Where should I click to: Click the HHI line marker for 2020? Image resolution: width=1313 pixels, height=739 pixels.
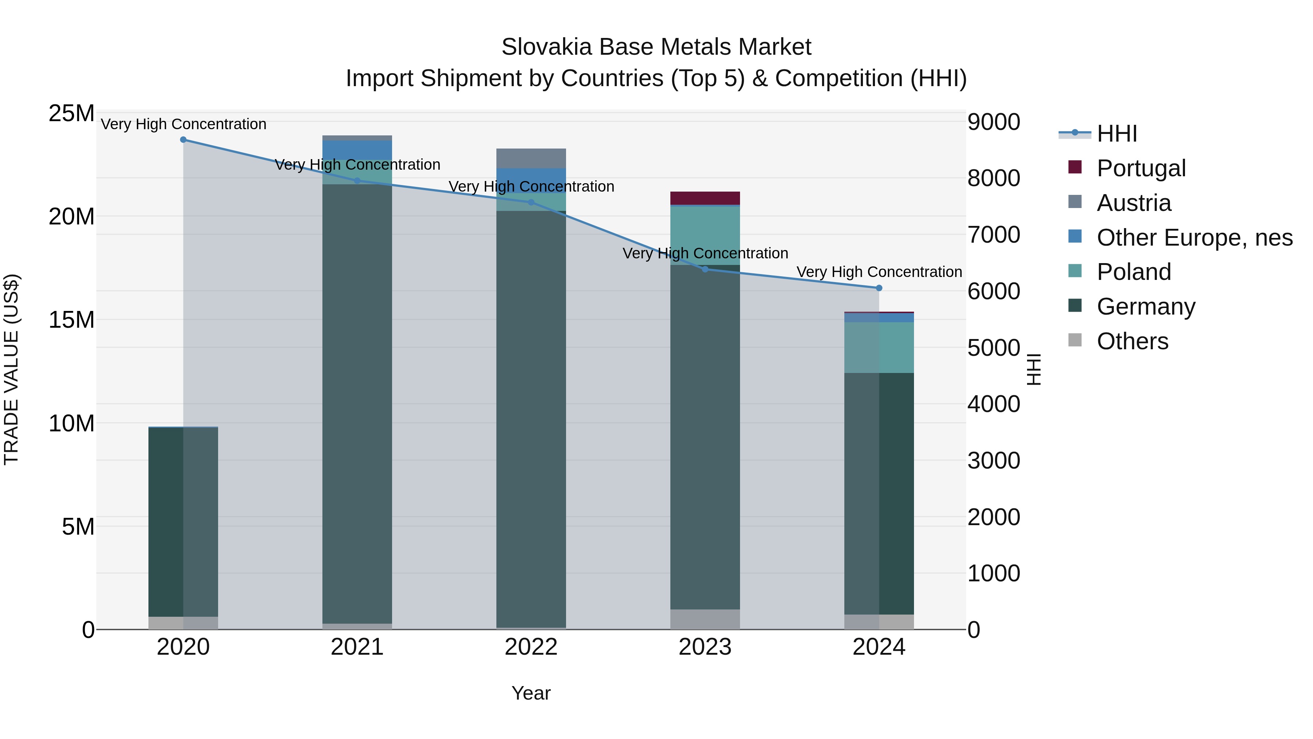tap(183, 140)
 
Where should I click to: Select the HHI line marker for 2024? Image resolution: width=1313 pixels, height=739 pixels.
tap(879, 288)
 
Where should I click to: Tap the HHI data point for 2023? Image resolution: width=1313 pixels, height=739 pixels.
tap(705, 269)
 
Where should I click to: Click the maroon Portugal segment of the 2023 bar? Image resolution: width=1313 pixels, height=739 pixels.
tap(705, 198)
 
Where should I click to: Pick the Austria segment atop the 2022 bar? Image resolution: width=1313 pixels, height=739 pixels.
tap(531, 158)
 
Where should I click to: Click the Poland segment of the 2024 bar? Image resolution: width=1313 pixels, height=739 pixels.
tap(879, 347)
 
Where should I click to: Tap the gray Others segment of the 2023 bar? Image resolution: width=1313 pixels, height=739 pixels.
tap(705, 619)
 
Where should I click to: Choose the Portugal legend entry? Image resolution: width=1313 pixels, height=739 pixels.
tap(1141, 168)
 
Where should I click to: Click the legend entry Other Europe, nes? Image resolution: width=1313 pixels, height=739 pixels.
tap(1194, 238)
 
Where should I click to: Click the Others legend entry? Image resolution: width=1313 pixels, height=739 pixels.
tap(1132, 341)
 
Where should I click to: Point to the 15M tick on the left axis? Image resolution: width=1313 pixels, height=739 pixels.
tap(71, 320)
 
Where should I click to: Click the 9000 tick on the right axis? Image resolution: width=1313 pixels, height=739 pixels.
tap(994, 122)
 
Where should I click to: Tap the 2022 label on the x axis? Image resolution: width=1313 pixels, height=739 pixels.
tap(531, 647)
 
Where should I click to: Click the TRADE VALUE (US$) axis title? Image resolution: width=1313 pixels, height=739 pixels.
tap(11, 369)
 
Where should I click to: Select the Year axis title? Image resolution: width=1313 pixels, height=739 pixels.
tap(531, 693)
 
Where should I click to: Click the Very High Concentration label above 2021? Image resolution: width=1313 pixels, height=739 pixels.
tap(357, 165)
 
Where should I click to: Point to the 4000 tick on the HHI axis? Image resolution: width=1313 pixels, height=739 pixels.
tap(994, 404)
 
